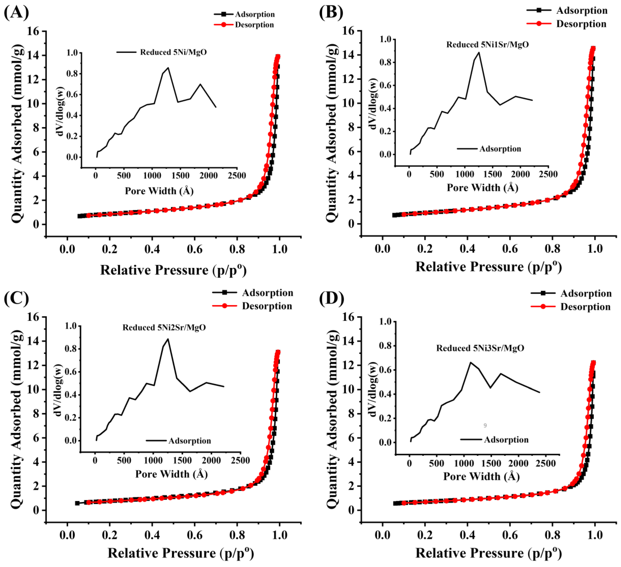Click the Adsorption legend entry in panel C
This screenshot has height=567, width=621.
coord(267,292)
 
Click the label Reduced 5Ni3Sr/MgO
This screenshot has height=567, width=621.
coord(480,348)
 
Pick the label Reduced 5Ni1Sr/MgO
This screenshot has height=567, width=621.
coord(488,45)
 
